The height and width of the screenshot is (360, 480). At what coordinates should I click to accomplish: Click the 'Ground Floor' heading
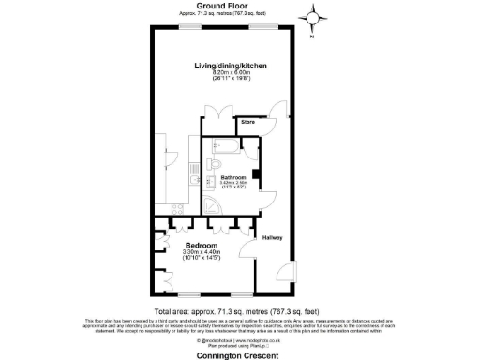[x=223, y=7]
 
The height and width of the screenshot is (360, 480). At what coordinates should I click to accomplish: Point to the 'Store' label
[x=247, y=122]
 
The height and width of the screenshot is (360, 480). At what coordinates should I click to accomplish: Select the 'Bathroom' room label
[x=232, y=177]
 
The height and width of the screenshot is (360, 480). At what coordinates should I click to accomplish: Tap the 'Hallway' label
[x=273, y=237]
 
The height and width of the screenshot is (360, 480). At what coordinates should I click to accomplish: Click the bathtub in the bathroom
[x=229, y=144]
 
